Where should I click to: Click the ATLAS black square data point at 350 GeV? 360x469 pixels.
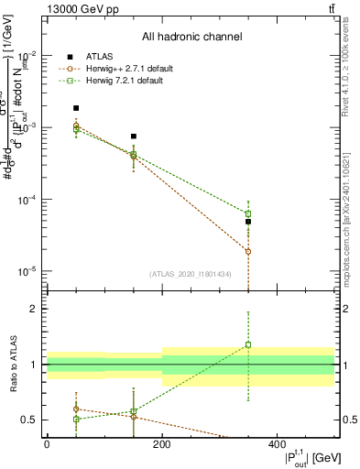click(x=248, y=222)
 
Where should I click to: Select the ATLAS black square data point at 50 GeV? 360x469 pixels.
click(x=76, y=108)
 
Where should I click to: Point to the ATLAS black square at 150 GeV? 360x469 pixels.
click(x=134, y=136)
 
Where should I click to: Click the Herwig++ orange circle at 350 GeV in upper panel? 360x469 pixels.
click(x=248, y=251)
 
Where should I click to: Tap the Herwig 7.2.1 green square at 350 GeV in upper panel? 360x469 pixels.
click(x=248, y=213)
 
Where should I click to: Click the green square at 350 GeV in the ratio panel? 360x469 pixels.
click(x=248, y=345)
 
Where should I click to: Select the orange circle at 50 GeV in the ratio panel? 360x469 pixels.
click(x=76, y=409)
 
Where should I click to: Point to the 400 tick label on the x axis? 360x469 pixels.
click(x=278, y=443)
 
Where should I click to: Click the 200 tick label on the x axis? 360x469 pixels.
click(x=162, y=443)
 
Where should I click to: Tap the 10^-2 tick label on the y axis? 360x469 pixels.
click(x=28, y=55)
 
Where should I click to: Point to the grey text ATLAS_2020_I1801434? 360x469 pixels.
click(x=191, y=274)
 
